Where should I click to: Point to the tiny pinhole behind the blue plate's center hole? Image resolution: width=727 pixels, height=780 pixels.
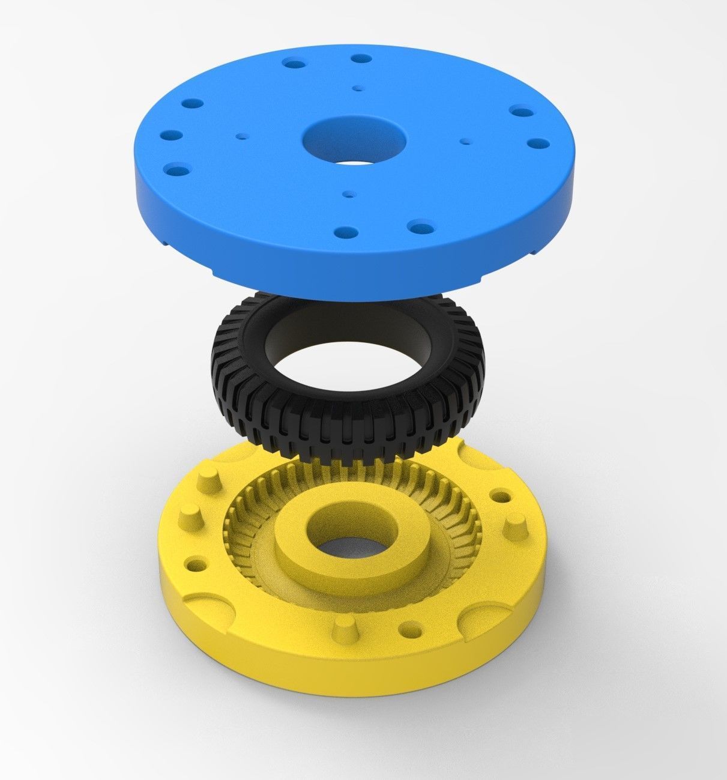click(x=358, y=88)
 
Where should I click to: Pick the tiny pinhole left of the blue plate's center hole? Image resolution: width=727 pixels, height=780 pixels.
click(x=242, y=136)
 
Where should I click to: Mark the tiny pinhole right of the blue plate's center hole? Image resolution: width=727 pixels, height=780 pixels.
click(x=465, y=142)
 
